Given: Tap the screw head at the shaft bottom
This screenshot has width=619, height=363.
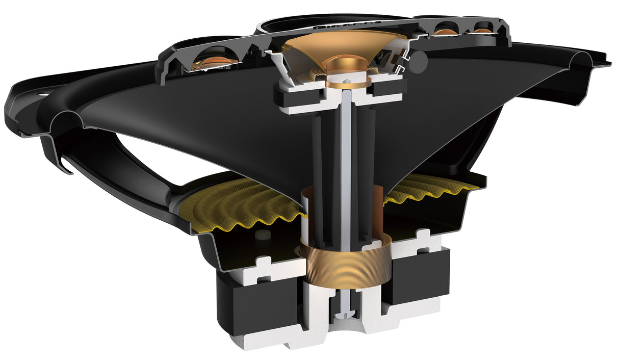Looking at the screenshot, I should tap(348, 313).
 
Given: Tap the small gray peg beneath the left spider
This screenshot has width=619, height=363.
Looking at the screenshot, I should tap(263, 234).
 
